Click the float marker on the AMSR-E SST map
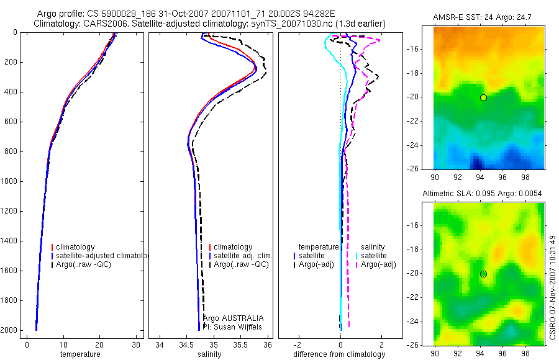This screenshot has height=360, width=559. pyautogui.click(x=483, y=97)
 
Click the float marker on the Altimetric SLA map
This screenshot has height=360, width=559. pyautogui.click(x=483, y=274)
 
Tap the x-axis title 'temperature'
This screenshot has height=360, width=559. pyautogui.click(x=80, y=354)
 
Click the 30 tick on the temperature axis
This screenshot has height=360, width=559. pyautogui.click(x=136, y=344)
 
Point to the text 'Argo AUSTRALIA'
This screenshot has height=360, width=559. pyautogui.click(x=233, y=318)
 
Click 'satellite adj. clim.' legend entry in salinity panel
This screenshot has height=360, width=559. pyautogui.click(x=242, y=256)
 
